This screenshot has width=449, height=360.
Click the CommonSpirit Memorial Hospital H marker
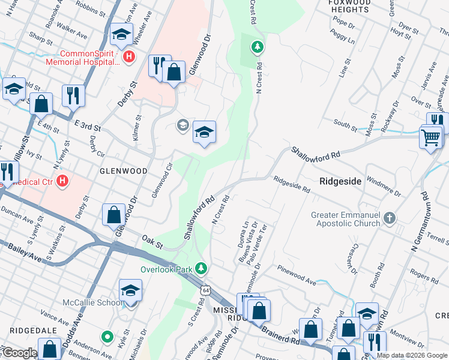point(128,57)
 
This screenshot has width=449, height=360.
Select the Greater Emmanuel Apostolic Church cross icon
point(390,217)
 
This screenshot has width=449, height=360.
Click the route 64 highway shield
point(205,290)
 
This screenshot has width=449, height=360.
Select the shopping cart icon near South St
point(431,137)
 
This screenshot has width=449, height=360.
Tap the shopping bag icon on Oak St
point(113,214)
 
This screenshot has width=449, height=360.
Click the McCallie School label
point(92,302)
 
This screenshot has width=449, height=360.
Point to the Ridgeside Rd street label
point(292,184)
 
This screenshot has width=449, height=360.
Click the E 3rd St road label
point(87,124)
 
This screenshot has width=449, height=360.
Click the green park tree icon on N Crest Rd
point(257,46)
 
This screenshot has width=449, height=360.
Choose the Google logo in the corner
point(19,353)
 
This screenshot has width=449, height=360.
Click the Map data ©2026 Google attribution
point(412,355)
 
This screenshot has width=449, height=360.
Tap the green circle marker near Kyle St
point(107,337)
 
